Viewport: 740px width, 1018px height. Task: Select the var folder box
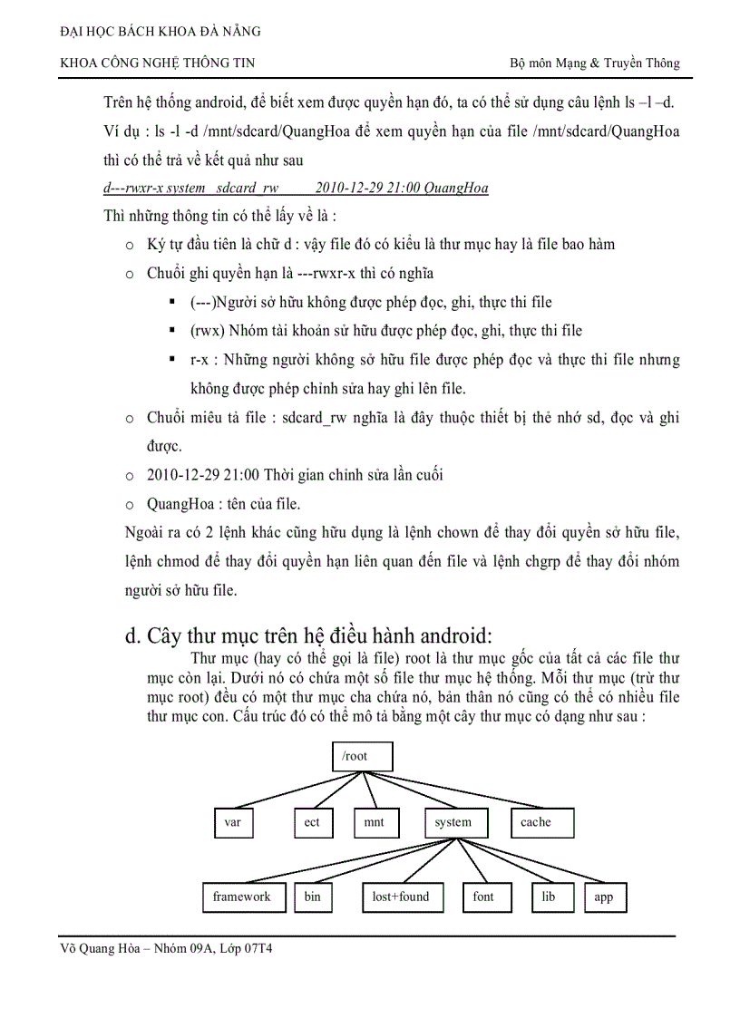tap(233, 822)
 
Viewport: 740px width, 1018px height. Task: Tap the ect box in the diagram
tap(312, 822)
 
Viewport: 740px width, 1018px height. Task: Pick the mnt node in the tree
tap(374, 822)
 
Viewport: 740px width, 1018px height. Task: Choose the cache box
tap(536, 822)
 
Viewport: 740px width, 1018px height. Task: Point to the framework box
tap(242, 897)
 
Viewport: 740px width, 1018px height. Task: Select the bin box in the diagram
tap(313, 897)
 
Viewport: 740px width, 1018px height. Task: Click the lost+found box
tap(401, 897)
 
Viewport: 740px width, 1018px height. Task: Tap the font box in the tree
tap(484, 897)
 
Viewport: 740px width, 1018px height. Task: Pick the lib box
tap(549, 897)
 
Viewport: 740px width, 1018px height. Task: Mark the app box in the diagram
tap(604, 897)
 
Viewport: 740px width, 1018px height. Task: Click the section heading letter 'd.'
tap(132, 635)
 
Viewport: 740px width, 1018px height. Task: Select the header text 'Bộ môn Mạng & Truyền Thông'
tap(595, 63)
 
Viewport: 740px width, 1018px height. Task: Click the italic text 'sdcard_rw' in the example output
tap(248, 189)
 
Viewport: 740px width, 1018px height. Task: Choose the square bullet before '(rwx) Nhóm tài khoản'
tap(172, 331)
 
